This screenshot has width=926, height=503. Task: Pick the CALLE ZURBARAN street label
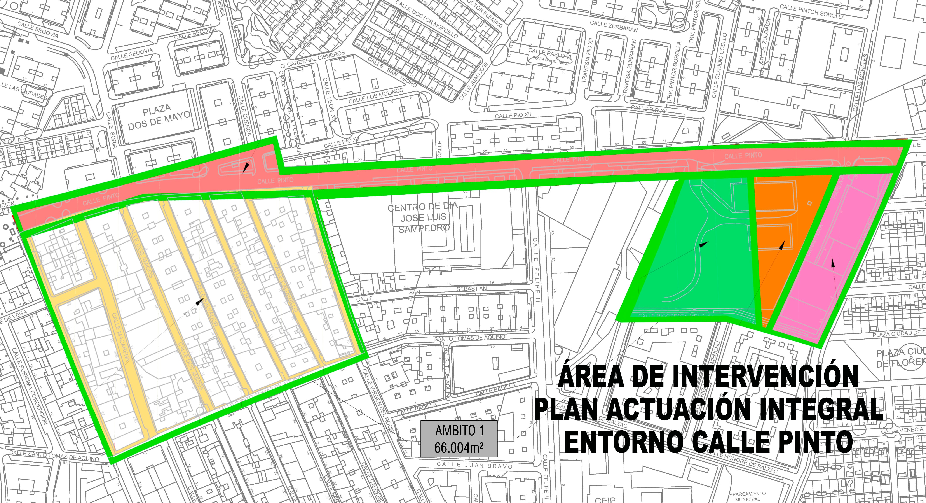(x=614, y=26)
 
